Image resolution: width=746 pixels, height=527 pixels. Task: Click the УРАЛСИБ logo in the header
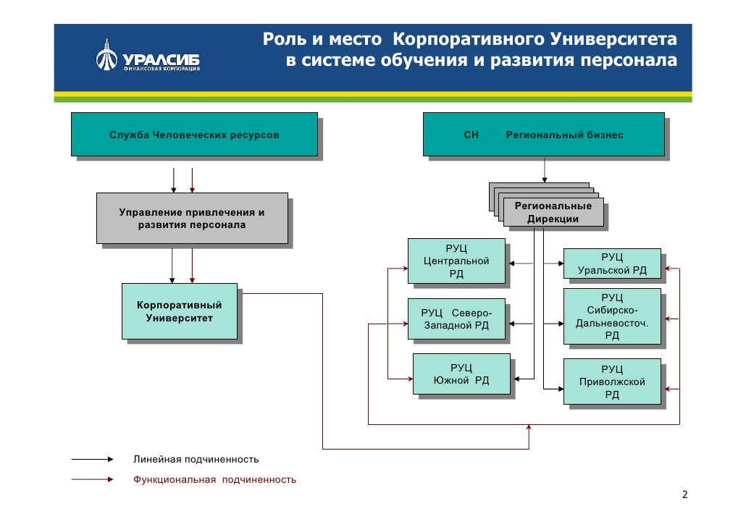[148, 59]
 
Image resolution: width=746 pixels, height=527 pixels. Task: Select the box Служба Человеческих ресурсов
[194, 135]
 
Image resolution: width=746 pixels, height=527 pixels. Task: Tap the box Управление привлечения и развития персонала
[192, 218]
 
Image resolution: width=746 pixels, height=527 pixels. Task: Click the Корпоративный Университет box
[179, 311]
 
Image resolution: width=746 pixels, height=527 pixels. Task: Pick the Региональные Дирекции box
[553, 212]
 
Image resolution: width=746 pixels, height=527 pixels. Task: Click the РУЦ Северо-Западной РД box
[456, 319]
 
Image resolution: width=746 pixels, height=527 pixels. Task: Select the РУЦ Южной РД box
[461, 374]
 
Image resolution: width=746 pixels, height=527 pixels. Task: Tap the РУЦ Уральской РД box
[612, 264]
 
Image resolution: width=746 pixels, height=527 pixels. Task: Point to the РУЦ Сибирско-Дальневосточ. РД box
[612, 316]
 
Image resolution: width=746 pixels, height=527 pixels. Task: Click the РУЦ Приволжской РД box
[612, 381]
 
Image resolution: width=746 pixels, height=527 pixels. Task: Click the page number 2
[684, 495]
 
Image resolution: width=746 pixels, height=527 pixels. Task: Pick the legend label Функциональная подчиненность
[214, 479]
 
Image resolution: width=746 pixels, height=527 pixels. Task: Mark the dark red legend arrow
[93, 479]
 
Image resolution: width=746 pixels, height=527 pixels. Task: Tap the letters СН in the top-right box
[472, 135]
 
